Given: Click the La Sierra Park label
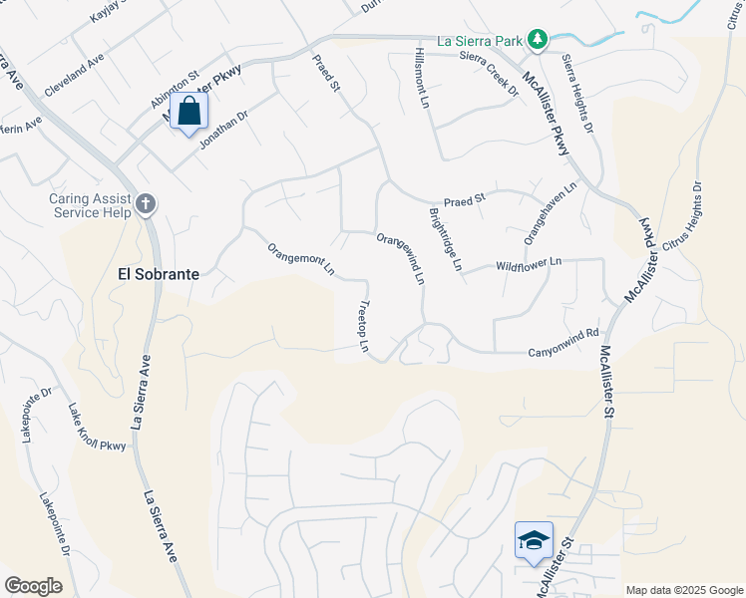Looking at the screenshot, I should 480,42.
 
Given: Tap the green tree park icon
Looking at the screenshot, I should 538,39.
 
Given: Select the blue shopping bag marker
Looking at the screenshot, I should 189,113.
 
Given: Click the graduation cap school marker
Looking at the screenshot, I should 534,540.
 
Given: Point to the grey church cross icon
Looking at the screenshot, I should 146,205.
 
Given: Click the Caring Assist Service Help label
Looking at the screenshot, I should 91,205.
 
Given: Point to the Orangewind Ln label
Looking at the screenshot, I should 401,258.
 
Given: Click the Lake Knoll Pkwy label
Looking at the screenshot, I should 97,428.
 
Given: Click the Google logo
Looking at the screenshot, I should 34,586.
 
